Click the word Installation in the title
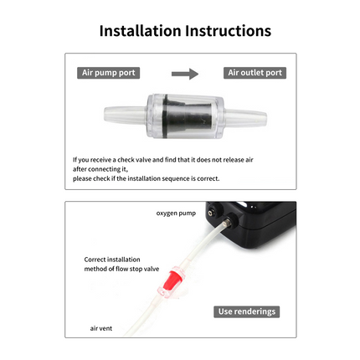click(138, 30)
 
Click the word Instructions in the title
click(224, 30)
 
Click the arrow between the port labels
click(184, 74)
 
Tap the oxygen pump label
click(175, 213)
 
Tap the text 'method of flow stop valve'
click(121, 269)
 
